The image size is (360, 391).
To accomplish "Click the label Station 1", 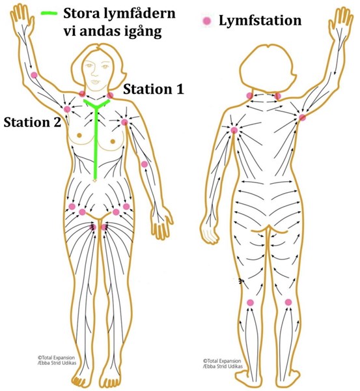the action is pyautogui.click(x=154, y=89).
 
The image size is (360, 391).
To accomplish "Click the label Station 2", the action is pyautogui.click(x=33, y=123).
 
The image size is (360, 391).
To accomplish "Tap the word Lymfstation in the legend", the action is pyautogui.click(x=260, y=20).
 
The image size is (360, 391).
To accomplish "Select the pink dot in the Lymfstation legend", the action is pyautogui.click(x=207, y=21).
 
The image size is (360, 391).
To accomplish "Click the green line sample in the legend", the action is pyautogui.click(x=49, y=14).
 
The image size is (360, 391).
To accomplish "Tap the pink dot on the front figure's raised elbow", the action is pyautogui.click(x=34, y=75).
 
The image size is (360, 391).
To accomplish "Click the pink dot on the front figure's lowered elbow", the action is pyautogui.click(x=145, y=164).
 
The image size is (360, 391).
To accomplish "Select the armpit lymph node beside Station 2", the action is pyautogui.click(x=67, y=109).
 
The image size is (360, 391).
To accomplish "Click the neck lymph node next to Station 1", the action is pyautogui.click(x=110, y=95).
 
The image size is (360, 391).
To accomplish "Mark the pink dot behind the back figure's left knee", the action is pyautogui.click(x=250, y=303).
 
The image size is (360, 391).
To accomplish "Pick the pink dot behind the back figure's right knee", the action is pyautogui.click(x=288, y=302).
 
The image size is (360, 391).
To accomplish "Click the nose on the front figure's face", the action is pyautogui.click(x=95, y=72).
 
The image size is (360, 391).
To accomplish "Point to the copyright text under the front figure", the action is pyautogui.click(x=57, y=360).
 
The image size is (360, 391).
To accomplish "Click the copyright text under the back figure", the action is pyautogui.click(x=223, y=364).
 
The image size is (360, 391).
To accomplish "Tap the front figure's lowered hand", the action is pyautogui.click(x=162, y=223).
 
